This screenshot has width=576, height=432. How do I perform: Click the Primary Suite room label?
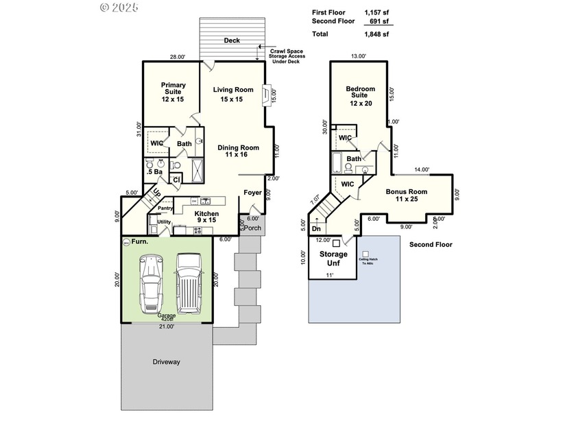click(173, 92)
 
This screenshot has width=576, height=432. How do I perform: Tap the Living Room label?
click(232, 94)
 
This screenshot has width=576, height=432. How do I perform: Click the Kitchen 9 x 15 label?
click(206, 217)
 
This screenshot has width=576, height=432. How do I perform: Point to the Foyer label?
click(252, 193)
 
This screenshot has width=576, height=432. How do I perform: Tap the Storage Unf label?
click(333, 258)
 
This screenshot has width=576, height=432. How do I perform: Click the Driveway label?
click(166, 362)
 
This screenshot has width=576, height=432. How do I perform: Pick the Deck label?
click(232, 41)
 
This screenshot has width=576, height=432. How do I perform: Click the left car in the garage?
click(151, 283)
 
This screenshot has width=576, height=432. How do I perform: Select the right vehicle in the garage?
click(189, 282)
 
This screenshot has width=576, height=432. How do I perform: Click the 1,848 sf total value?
click(376, 34)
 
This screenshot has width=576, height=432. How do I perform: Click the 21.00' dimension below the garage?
click(167, 327)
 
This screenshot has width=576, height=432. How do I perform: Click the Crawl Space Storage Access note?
click(288, 56)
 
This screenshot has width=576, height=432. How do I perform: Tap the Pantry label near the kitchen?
click(165, 208)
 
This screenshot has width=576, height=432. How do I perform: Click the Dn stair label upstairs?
click(316, 229)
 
